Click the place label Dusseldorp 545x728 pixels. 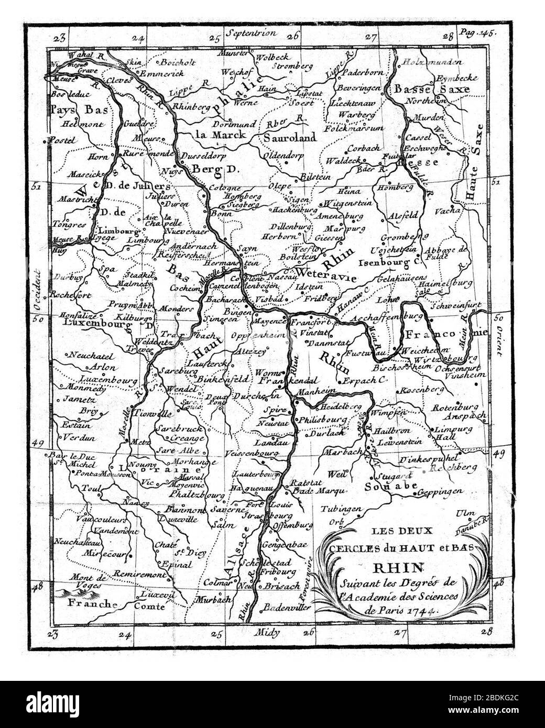201,156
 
